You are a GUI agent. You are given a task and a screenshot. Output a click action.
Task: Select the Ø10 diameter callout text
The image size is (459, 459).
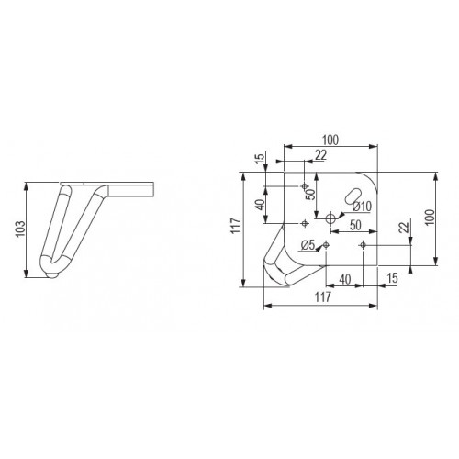click(x=361, y=207)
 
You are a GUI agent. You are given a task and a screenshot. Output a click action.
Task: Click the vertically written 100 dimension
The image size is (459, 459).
click(x=429, y=218)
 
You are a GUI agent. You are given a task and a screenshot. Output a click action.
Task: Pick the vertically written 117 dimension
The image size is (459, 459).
click(x=237, y=227)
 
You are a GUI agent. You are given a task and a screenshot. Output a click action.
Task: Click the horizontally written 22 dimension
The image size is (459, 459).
click(x=319, y=156)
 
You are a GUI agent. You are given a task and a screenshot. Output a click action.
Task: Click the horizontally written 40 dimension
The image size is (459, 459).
click(x=344, y=278)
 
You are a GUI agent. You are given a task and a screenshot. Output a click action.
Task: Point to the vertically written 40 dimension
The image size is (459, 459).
click(x=262, y=205)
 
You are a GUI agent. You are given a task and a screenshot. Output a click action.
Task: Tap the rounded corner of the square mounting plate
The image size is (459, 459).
click(x=374, y=176)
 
